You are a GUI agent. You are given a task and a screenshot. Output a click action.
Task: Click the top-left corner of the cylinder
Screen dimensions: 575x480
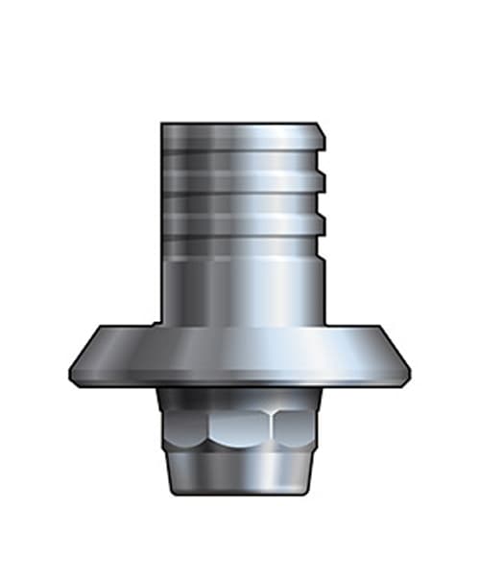162,125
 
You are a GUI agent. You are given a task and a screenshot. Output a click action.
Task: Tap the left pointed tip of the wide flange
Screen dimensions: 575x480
71,372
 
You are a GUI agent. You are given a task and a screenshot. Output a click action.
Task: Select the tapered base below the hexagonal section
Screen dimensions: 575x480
240,471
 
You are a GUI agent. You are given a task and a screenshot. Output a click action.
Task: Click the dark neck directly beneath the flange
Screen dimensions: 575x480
240,397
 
